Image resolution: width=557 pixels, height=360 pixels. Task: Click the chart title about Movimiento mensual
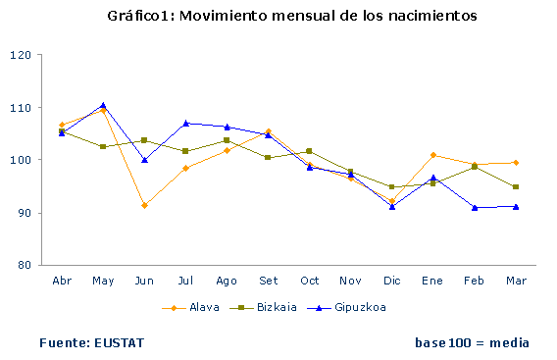coord(278,17)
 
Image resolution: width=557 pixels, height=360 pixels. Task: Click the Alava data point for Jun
coord(144,205)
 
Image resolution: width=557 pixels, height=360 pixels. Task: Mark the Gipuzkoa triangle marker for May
coord(103,105)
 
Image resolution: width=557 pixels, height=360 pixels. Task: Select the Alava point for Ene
coord(432,155)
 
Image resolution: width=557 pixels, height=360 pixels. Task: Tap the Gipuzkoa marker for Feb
coord(474,207)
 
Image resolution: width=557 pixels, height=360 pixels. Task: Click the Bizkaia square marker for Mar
coord(515,186)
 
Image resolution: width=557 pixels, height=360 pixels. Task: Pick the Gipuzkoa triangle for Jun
coord(144,160)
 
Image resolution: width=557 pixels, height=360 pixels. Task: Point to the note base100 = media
coord(472,342)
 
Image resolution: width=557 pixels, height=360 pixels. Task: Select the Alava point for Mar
coord(515,163)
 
